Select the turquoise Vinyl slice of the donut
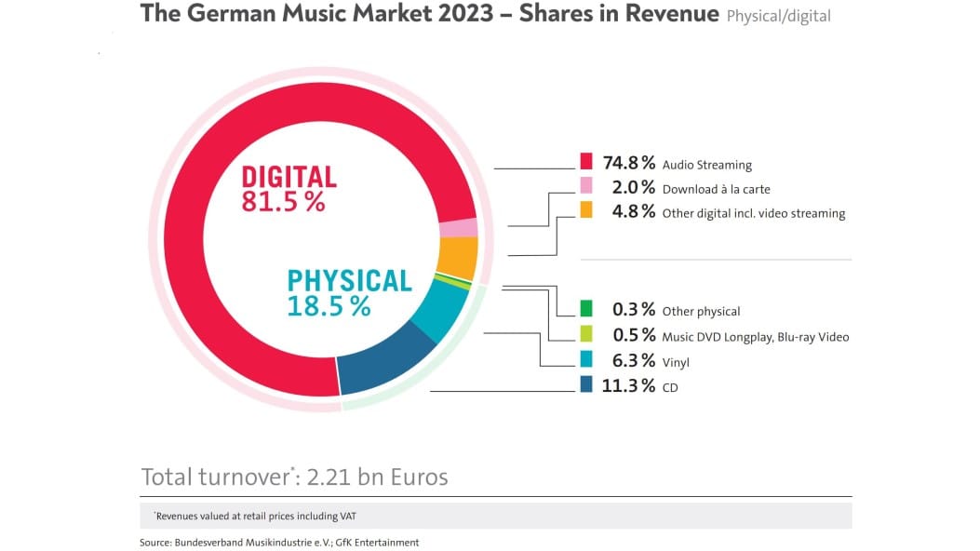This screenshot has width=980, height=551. [439, 309]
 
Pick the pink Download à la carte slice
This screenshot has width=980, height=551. [458, 228]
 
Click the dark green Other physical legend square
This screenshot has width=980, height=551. [585, 308]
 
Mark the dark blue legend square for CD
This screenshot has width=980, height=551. [585, 384]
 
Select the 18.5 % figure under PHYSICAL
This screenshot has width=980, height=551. [329, 305]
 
